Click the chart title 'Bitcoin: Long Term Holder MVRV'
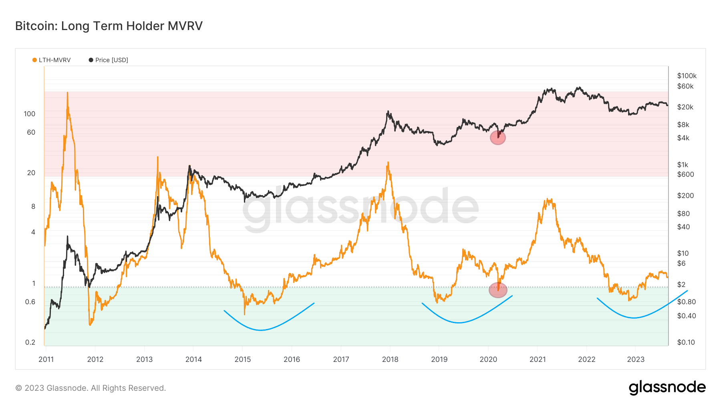click(109, 26)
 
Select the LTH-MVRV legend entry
click(52, 60)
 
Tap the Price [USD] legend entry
click(109, 60)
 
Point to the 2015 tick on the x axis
click(243, 359)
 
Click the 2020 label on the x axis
click(488, 359)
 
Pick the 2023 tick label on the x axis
click(636, 359)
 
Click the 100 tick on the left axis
click(30, 114)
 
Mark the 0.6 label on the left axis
click(30, 302)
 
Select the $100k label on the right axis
click(687, 76)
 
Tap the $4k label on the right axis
click(683, 138)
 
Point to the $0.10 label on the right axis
click(686, 342)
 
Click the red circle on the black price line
click(498, 138)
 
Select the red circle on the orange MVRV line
click(498, 290)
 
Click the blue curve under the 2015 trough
click(261, 330)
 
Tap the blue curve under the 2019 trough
click(459, 322)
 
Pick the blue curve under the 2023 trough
click(634, 318)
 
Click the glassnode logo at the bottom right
click(667, 388)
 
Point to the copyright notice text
click(91, 388)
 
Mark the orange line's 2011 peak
click(67, 93)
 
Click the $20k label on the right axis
click(685, 107)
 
